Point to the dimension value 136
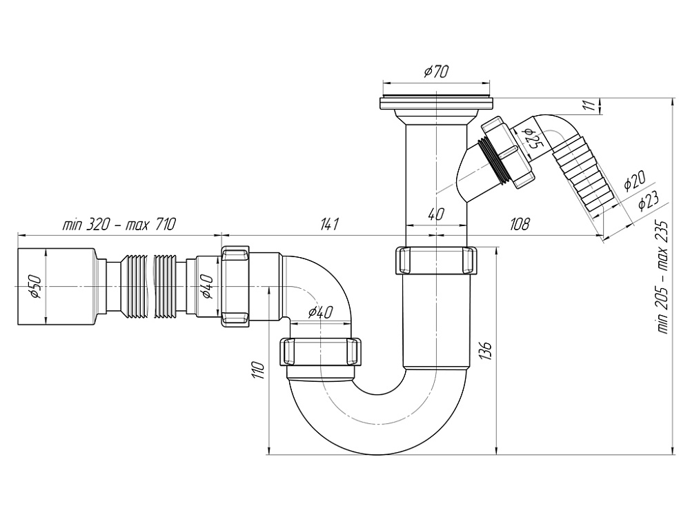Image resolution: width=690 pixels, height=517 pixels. coord(485,350)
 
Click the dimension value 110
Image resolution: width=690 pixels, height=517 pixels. coord(258,370)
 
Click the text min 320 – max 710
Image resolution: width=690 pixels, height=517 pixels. coord(119,224)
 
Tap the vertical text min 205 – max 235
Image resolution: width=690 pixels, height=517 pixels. coord(664,276)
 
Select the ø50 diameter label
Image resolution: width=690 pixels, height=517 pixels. coord(35,286)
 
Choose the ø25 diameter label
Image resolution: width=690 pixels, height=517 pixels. coord(531,140)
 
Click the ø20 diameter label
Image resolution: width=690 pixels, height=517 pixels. coord(633,182)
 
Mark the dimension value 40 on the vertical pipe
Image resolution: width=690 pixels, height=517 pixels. coord(435,214)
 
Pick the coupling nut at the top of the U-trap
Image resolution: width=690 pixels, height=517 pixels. coord(435,260)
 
